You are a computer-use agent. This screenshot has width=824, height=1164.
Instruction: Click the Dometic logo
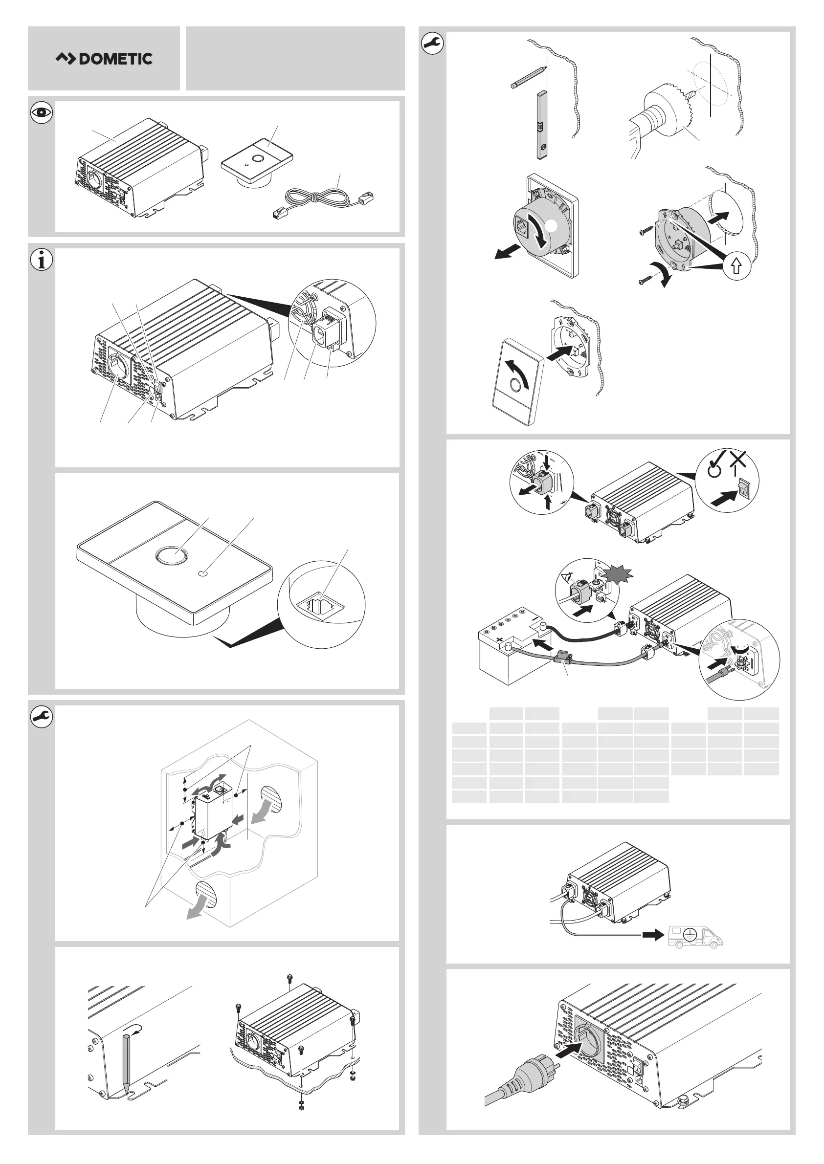(x=104, y=59)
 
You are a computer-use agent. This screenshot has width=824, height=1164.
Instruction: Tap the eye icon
(x=42, y=112)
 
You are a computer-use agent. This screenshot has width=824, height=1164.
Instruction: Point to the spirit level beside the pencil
(x=542, y=125)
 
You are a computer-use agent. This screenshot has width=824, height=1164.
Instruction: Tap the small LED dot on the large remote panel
(x=203, y=573)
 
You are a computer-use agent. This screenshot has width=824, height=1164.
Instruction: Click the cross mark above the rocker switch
(x=738, y=461)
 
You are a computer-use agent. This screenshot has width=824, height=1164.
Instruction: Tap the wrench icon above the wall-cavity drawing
(x=42, y=717)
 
